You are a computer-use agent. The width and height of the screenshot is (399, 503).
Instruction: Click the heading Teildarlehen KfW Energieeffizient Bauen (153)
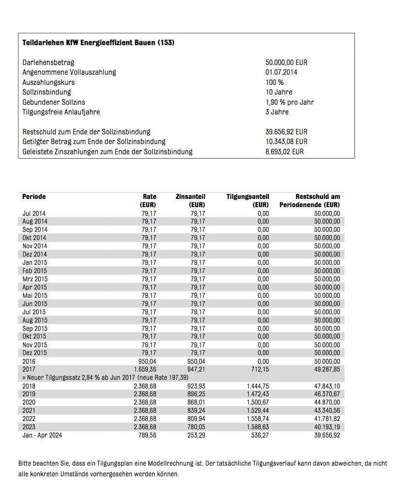(98, 43)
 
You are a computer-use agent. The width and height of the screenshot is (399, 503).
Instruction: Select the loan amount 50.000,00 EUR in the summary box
(286, 63)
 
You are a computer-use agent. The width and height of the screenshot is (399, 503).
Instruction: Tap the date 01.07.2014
(282, 72)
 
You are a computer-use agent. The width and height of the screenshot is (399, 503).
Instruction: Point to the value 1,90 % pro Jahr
(289, 102)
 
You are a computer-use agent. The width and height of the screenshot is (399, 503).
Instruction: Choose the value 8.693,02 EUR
(285, 152)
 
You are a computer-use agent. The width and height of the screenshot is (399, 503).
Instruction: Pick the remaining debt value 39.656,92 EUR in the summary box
(286, 132)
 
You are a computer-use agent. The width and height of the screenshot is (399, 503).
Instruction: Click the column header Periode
(34, 196)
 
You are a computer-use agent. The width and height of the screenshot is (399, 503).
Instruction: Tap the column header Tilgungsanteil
(247, 196)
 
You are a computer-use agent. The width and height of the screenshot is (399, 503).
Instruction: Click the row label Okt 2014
(34, 238)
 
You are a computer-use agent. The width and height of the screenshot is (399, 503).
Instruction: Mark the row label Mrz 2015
(35, 279)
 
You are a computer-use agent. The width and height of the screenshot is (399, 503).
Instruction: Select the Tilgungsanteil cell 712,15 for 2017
(259, 370)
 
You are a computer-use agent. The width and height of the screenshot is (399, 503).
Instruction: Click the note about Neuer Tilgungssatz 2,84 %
(105, 377)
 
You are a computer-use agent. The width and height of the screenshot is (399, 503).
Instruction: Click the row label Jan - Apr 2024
(42, 435)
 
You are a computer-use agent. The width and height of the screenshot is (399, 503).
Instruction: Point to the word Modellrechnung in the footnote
(177, 464)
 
